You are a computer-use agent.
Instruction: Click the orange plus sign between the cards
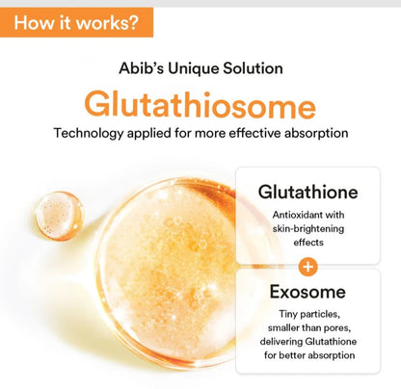tap(307, 266)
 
